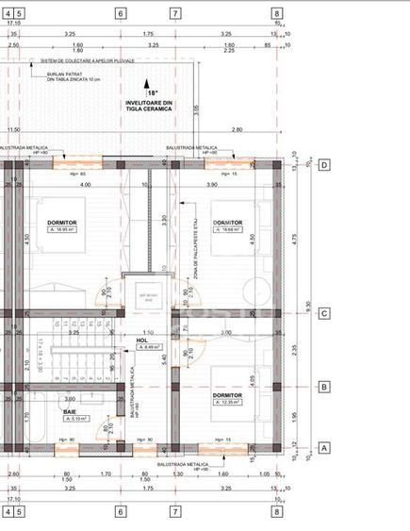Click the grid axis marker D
click(324, 165)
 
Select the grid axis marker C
click(324, 314)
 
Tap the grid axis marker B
click(324, 387)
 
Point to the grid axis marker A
click(324, 449)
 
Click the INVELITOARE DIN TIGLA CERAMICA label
click(149, 106)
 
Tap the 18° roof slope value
click(153, 93)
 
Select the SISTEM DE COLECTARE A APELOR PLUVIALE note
click(87, 59)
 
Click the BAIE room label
click(70, 411)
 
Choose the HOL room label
click(142, 340)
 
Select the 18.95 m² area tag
click(62, 229)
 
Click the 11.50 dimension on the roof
click(13, 130)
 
